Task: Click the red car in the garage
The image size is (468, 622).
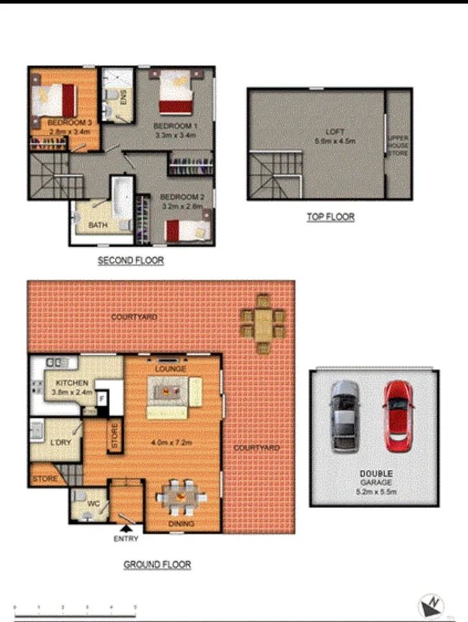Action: coord(397,415)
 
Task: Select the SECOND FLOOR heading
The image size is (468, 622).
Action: coord(131,261)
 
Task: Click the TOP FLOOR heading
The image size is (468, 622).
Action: coord(330,217)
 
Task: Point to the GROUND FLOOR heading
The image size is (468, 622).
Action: coord(157,565)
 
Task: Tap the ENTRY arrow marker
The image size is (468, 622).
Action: coord(126,529)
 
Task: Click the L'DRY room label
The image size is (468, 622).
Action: coord(61,442)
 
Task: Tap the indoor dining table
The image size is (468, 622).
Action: coord(181,497)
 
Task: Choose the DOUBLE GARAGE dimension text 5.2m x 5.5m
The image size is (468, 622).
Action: coord(375,492)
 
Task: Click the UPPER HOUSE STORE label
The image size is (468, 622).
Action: coord(398,145)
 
